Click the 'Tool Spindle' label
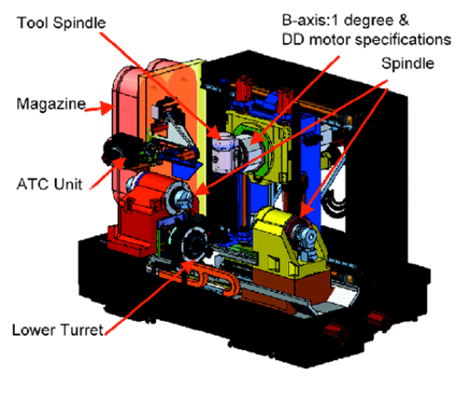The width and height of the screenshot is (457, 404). click(61, 23)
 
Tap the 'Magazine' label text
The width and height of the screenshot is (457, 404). click(51, 104)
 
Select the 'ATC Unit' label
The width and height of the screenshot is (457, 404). click(50, 184)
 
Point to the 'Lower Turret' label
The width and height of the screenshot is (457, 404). click(57, 330)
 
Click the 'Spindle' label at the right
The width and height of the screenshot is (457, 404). click(408, 63)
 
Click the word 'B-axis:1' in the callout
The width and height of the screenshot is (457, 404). click(309, 21)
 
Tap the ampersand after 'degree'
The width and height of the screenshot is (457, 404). click(404, 21)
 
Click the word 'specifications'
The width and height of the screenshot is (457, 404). click(403, 40)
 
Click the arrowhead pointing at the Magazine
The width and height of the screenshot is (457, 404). click(106, 108)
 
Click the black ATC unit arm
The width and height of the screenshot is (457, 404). click(119, 151)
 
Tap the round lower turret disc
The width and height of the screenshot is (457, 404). click(195, 245)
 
